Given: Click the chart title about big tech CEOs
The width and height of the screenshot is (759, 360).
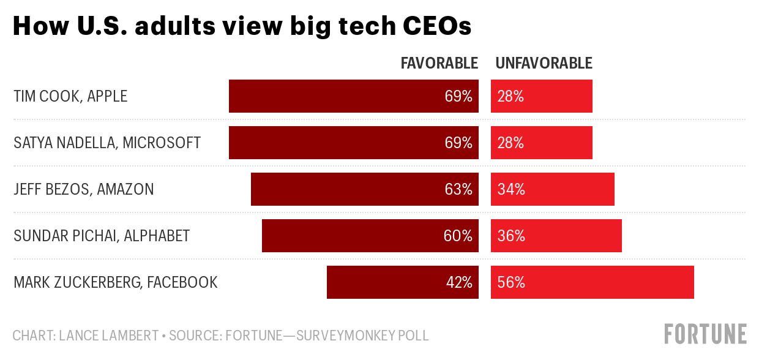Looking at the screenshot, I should pos(242,26).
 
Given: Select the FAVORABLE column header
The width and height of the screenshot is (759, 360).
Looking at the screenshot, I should pos(439,63).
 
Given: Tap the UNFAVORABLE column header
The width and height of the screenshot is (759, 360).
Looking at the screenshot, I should pos(544,63).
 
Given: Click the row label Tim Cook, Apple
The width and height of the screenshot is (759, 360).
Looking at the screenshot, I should pos(70,96).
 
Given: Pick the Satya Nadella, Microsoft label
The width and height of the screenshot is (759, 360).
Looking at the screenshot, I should pos(107,143).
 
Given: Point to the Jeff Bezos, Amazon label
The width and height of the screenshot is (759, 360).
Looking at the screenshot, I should pos(84,189).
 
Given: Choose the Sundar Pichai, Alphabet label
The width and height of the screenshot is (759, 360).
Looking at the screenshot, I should pos(102,236).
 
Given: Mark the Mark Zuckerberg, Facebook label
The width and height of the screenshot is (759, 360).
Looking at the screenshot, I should pos(116,282).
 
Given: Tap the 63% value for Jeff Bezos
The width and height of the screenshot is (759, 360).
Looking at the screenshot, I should pos(458,189).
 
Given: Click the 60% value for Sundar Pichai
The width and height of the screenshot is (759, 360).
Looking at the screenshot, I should pos(458,236).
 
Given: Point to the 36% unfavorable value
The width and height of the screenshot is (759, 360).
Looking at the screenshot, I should pos(510,236).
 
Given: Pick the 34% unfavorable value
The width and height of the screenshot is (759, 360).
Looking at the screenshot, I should pos(510,189).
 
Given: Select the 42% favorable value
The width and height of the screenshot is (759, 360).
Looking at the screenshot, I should pos(458,282).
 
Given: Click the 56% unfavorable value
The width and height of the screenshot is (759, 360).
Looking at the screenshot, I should pos(510,282).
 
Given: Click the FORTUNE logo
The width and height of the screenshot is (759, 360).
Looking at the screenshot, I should pos(705,334).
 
